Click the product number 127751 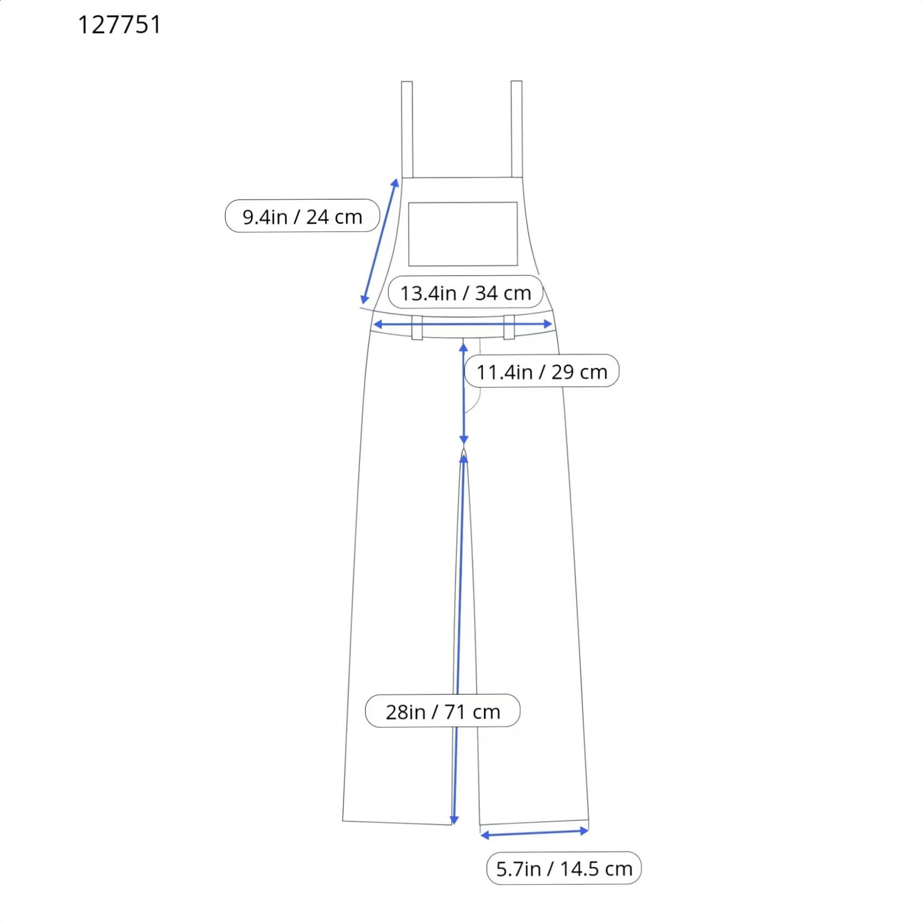click(x=119, y=25)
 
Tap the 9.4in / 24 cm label click(x=302, y=216)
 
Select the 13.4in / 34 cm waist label click(x=465, y=293)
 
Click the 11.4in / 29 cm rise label click(x=542, y=372)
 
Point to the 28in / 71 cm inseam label click(x=443, y=712)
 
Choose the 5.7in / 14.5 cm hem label click(x=564, y=868)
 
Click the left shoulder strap click(x=407, y=130)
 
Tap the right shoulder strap click(x=517, y=129)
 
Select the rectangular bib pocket click(x=463, y=234)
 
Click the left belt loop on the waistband click(x=417, y=328)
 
